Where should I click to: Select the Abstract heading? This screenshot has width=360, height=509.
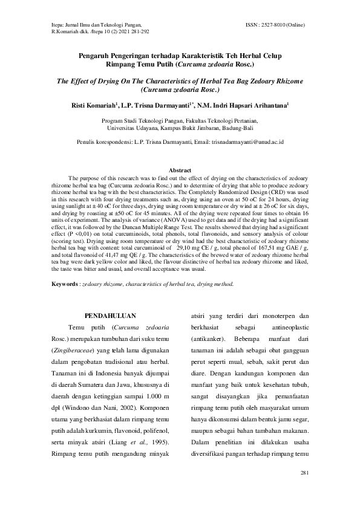point(180,171)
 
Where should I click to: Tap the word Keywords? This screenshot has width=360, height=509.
point(64,284)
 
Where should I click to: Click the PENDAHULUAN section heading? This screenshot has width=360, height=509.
point(110,316)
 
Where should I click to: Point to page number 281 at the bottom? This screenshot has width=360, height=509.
point(304,472)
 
